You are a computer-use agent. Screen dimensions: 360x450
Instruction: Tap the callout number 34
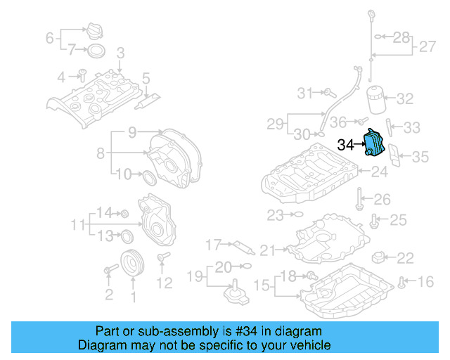347,146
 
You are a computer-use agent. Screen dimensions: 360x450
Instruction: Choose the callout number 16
426,283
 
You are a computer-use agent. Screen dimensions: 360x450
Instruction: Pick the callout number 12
164,283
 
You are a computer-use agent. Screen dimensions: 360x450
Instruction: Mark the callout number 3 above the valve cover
120,53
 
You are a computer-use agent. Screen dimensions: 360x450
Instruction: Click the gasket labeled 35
396,155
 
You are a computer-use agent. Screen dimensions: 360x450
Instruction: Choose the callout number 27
427,47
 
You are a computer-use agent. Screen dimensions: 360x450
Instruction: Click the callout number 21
268,250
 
